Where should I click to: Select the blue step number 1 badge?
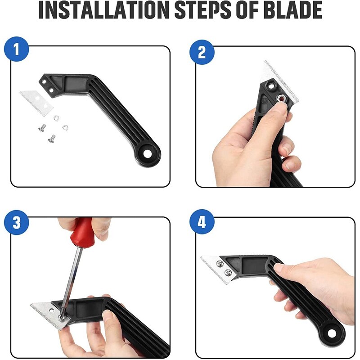coord(17,50)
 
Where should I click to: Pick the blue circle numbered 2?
coord(202,52)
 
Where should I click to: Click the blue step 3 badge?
coord(17,222)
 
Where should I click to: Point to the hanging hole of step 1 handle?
coord(148,153)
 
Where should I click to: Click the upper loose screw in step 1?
coord(41,128)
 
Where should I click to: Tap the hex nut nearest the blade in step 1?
coord(56,118)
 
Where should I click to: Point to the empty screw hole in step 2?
coord(272,84)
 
